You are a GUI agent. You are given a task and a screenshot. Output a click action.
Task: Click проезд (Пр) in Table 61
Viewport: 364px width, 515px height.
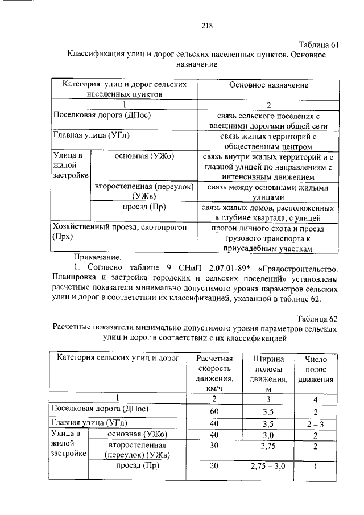pos(144,207)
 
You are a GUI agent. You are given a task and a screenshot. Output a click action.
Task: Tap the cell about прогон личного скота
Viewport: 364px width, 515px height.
pos(270,238)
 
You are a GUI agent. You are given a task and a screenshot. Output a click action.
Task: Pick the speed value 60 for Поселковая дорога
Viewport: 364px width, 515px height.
pos(214,411)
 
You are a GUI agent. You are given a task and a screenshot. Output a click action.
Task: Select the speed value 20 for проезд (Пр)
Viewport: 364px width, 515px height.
pos(214,467)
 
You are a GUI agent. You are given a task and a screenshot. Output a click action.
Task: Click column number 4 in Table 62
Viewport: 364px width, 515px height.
pos(316,398)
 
